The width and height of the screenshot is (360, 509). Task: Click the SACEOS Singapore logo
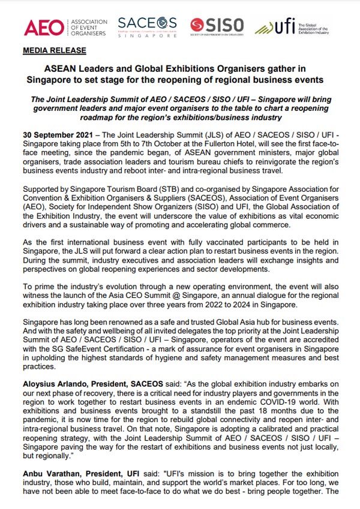click(148, 26)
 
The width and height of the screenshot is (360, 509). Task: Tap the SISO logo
click(217, 25)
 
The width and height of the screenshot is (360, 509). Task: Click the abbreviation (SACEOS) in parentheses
click(212, 192)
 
